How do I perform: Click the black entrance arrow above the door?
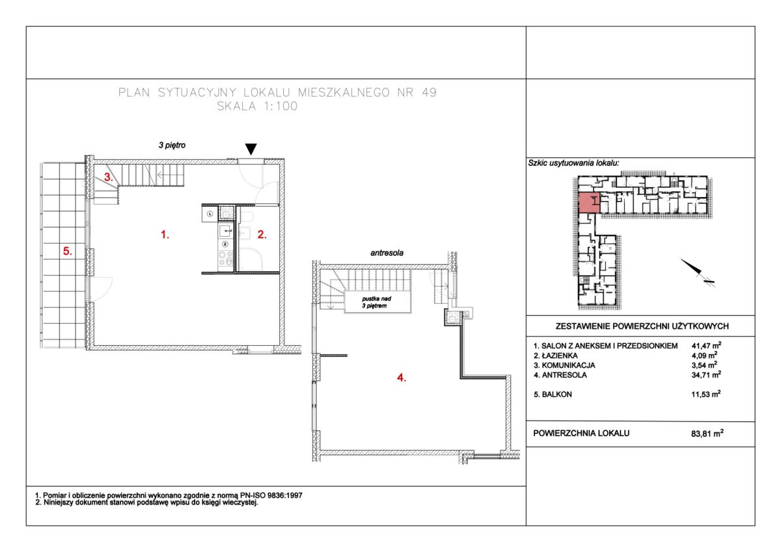click(251, 149)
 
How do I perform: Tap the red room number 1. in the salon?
click(165, 235)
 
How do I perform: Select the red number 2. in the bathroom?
click(262, 235)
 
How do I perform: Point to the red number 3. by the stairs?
click(109, 177)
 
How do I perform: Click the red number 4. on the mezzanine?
click(402, 378)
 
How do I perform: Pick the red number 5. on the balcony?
click(67, 251)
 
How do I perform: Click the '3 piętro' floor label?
click(172, 145)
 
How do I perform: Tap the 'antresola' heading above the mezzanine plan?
click(387, 253)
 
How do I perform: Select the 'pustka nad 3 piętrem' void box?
click(377, 302)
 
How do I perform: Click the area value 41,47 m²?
click(706, 345)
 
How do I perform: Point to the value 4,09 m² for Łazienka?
click(704, 355)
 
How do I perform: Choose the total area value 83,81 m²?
click(707, 433)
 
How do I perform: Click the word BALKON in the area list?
click(557, 395)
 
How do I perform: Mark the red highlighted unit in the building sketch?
click(589, 202)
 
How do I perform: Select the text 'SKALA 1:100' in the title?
click(257, 106)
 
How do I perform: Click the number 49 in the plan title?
click(429, 92)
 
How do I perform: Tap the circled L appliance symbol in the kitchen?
click(210, 214)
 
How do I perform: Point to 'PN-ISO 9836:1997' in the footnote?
click(271, 495)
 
